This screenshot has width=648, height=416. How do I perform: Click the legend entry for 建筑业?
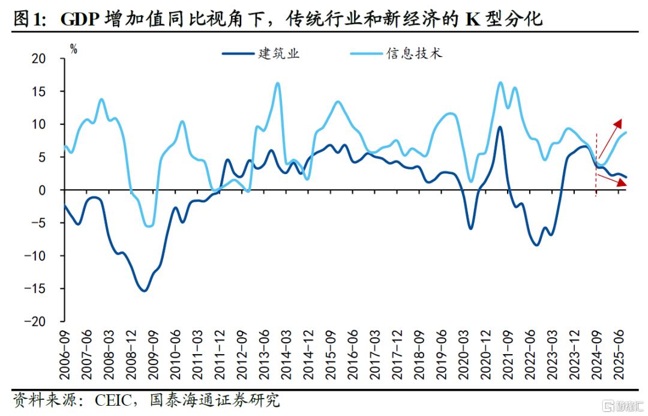tap(261, 53)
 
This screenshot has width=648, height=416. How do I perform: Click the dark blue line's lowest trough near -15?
tap(144, 291)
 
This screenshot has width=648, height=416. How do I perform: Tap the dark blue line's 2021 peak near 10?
tap(500, 127)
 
